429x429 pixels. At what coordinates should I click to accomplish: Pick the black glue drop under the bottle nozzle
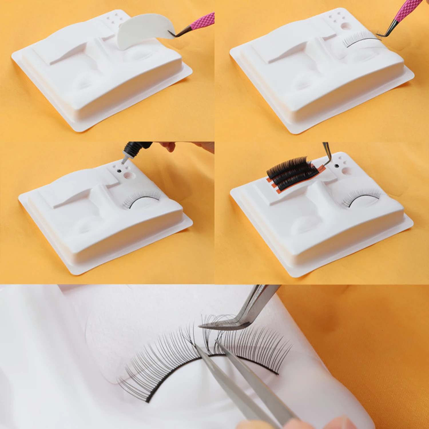click(x=119, y=171)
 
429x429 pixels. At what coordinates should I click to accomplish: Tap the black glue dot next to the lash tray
click(x=337, y=166)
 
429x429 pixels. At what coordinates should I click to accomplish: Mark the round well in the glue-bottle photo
click(x=128, y=175)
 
